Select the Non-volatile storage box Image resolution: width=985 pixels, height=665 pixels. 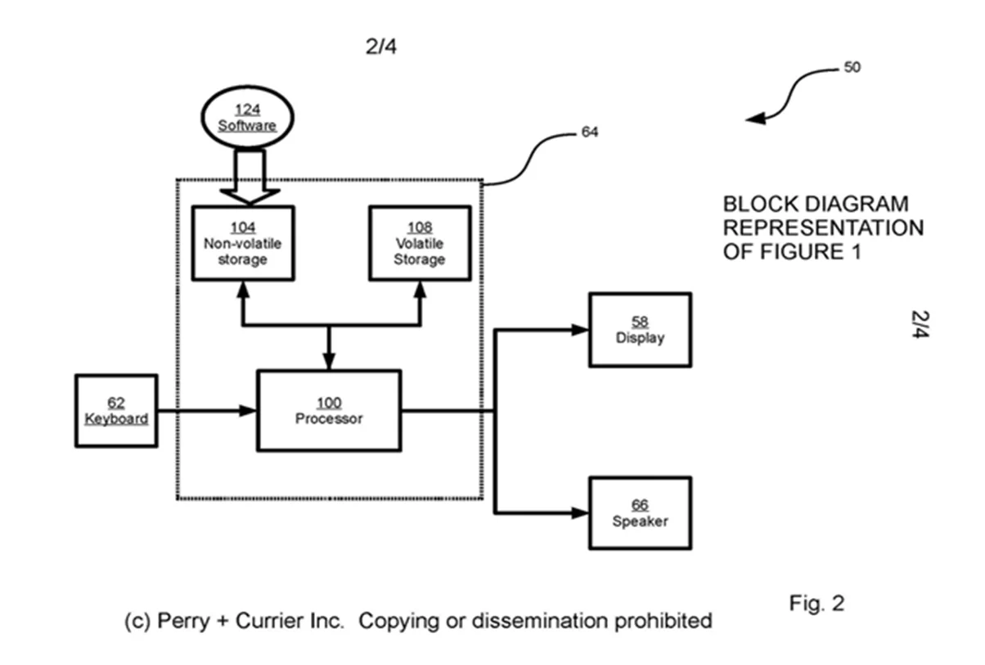[x=242, y=243]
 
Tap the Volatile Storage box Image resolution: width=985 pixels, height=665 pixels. [x=420, y=243]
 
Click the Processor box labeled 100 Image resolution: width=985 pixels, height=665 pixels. [x=329, y=411]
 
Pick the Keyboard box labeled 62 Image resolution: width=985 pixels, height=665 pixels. [x=116, y=411]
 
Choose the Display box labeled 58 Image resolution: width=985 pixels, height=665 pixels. [x=640, y=330]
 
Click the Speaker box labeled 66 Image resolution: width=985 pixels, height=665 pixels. [x=640, y=513]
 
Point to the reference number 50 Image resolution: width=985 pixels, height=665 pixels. [x=852, y=68]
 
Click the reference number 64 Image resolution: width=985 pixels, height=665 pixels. [x=589, y=131]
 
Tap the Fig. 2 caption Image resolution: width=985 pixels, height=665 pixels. [x=816, y=604]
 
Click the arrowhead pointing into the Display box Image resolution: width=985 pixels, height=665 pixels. [x=580, y=330]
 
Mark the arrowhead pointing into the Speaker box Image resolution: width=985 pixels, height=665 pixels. [x=580, y=513]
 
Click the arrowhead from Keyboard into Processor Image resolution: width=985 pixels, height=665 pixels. [x=248, y=411]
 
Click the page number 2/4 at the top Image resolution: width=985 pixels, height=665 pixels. [x=381, y=47]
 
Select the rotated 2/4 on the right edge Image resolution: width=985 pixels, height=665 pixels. [x=920, y=326]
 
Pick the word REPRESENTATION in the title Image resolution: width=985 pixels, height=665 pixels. [x=823, y=227]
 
